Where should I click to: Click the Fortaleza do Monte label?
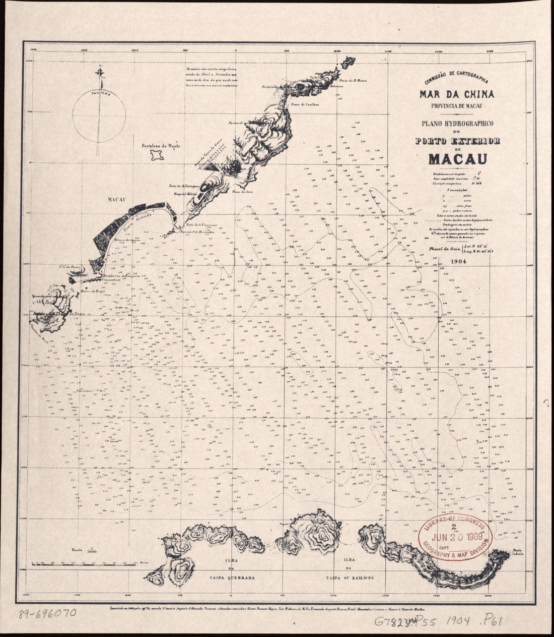coord(161,146)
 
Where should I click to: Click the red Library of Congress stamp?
coord(456,538)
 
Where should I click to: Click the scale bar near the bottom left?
coord(86,563)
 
